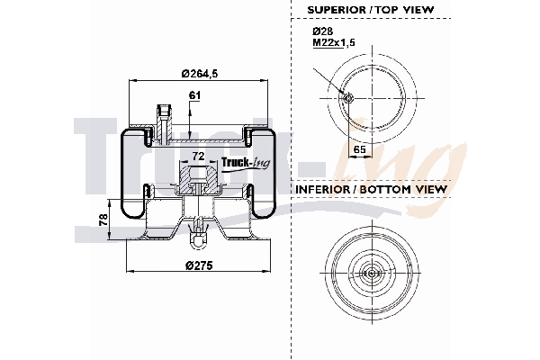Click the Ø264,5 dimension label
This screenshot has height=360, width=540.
(199, 73)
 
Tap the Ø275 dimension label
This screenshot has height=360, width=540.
(199, 265)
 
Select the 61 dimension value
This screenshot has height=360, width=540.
(194, 95)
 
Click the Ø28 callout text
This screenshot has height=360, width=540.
(322, 31)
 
